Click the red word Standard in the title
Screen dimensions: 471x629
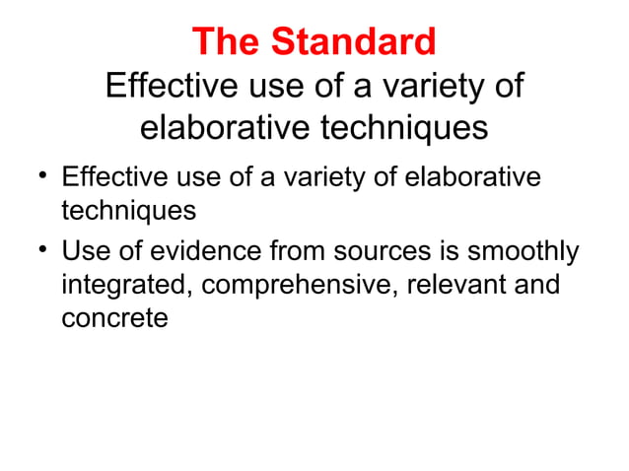[353, 41]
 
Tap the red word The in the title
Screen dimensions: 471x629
[230, 41]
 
